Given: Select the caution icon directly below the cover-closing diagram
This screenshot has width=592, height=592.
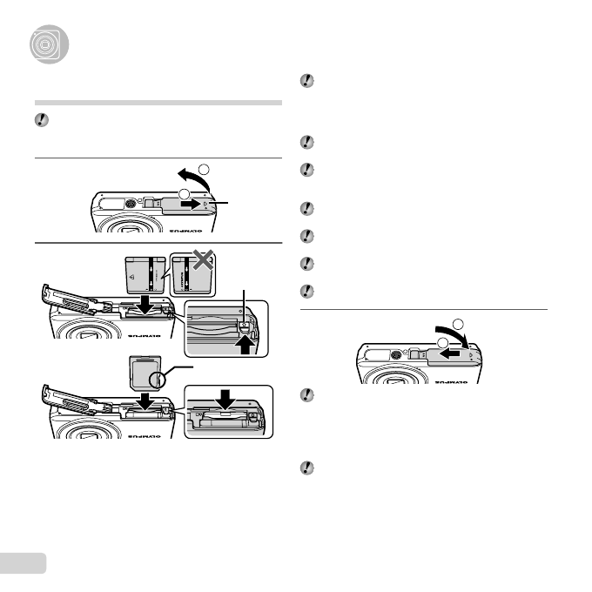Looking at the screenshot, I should [x=306, y=396].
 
